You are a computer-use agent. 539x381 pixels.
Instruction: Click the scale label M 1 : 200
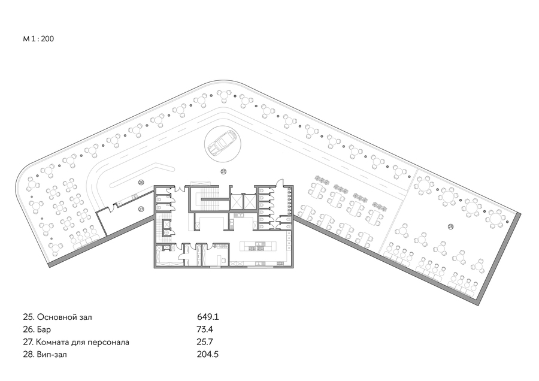point(38,38)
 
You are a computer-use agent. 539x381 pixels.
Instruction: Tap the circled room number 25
point(223,171)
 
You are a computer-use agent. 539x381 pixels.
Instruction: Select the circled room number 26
point(141,182)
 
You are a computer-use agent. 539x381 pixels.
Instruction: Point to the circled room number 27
point(141,208)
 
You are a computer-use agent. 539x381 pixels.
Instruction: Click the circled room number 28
point(450,226)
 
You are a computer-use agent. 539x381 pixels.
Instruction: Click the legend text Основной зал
point(64,317)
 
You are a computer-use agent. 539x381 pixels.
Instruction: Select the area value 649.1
point(208,317)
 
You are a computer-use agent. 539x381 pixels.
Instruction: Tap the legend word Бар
point(44,329)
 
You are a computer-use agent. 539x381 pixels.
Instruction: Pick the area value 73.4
point(205,329)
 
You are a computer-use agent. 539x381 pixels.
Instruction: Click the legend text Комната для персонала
point(83,342)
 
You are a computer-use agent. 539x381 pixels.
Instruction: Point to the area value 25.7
point(205,342)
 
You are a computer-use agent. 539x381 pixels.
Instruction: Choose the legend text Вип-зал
point(52,355)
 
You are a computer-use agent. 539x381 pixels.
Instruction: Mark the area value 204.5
point(208,354)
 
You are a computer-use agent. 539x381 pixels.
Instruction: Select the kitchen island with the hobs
point(258,246)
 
